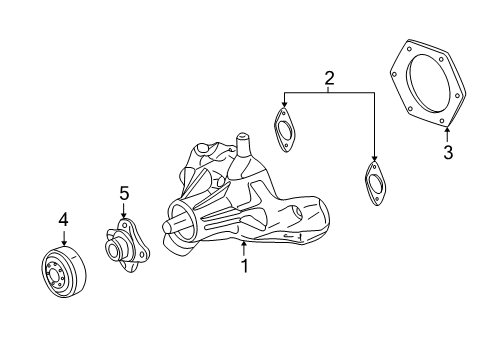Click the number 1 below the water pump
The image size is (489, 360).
click(243, 266)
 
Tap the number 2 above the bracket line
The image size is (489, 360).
click(328, 78)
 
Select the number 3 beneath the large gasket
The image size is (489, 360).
click(448, 152)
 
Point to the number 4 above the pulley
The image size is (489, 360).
click(63, 218)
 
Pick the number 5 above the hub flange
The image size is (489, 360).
click(124, 192)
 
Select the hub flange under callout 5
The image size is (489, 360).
click(125, 246)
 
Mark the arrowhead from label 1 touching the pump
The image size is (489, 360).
click(243, 243)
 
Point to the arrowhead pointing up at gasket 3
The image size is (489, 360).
click(447, 128)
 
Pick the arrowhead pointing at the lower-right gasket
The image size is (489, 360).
click(374, 161)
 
